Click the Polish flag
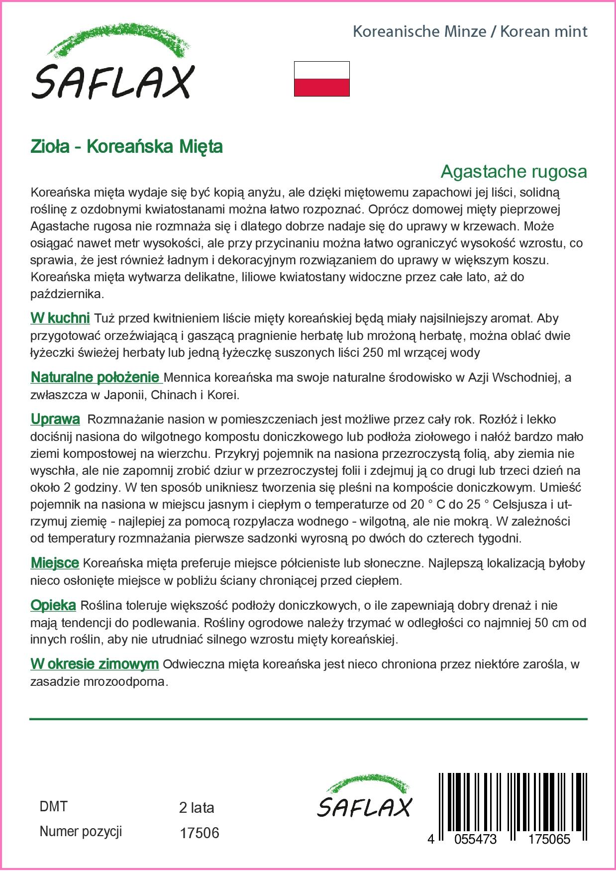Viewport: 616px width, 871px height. coord(321,79)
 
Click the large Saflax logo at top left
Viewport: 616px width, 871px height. coord(112,67)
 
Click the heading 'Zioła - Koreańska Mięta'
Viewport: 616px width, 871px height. coord(126,147)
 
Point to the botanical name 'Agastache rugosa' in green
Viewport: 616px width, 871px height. coord(513,172)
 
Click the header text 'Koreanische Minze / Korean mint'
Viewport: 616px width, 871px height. coord(470,32)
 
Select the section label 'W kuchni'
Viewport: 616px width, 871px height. coord(60,318)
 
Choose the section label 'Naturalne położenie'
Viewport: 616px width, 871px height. coord(95,377)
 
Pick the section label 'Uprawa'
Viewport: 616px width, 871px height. coord(55,420)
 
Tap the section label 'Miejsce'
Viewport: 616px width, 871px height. coord(55,563)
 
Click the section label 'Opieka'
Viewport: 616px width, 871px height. coord(53,605)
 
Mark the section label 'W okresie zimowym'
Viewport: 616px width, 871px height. coord(95,664)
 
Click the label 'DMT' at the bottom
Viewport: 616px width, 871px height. coord(53,806)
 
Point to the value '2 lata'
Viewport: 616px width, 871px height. coord(196,807)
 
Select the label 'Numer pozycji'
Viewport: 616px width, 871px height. coord(81,832)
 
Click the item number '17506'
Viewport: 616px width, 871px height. coord(199,833)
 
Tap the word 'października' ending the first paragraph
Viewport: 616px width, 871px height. coord(67,294)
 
